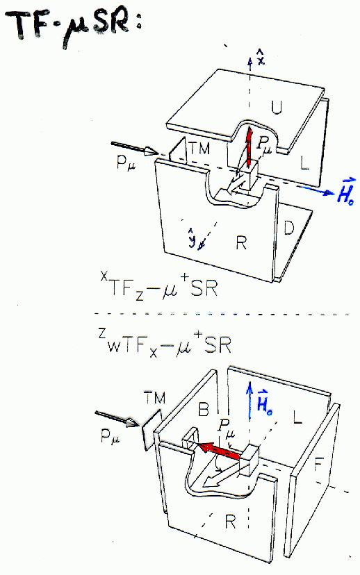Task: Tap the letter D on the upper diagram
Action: [x=289, y=228]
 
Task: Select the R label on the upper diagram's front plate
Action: [x=241, y=242]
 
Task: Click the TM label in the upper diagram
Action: [x=199, y=148]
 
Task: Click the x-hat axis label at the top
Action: [x=261, y=58]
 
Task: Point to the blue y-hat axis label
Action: [x=193, y=237]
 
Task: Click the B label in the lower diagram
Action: [x=204, y=409]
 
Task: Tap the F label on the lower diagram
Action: [x=318, y=466]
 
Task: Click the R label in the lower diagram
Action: [x=231, y=522]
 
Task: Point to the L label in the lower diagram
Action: [x=297, y=417]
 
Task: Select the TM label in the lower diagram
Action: [x=154, y=397]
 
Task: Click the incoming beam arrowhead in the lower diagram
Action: [x=133, y=423]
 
